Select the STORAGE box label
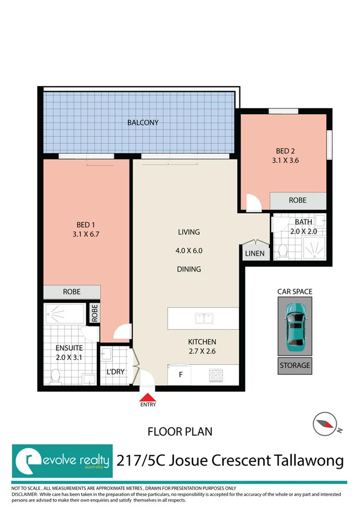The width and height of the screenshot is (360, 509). pos(294,365)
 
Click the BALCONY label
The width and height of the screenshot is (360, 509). pos(143,122)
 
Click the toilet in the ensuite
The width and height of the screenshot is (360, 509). pos(55,375)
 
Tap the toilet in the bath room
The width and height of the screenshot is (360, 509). pos(282,250)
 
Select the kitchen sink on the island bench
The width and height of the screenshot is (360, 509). pos(204,318)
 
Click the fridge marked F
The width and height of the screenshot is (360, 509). pos(181,374)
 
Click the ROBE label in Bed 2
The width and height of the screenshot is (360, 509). pos(298,200)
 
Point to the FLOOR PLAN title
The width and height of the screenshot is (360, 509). pos(180,432)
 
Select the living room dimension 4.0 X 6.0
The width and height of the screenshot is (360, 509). pos(189,251)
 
